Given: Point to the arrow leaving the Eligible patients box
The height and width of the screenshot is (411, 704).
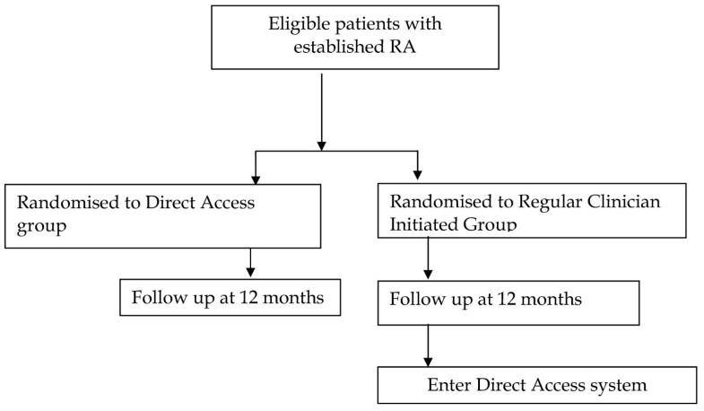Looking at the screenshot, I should tap(320, 108).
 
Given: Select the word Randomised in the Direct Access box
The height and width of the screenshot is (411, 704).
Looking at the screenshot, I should tap(56, 202).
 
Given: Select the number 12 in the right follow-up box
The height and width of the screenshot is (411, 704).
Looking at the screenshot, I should tap(504, 299).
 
